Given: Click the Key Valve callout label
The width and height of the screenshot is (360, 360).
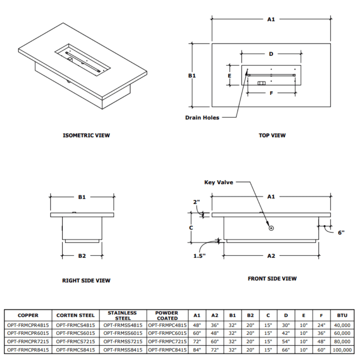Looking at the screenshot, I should point(219,182).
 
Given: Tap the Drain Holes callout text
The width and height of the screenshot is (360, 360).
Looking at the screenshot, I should point(202,117).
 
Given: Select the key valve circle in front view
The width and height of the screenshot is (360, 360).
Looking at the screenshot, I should point(271,228).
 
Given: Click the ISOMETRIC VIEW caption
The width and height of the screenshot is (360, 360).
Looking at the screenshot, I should point(86,135).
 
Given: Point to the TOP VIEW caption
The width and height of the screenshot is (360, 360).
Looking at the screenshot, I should point(272,135).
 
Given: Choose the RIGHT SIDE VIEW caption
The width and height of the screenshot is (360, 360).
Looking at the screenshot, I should point(86,280).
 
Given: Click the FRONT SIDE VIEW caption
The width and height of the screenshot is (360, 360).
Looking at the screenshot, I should point(272,278).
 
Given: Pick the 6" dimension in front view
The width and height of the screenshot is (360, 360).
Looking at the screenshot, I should point(341,232).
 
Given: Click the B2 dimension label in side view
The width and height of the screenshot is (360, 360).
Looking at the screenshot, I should point(82,256).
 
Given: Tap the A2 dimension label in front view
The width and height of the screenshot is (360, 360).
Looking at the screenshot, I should point(271,256).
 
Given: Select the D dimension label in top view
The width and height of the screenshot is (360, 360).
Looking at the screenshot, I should point(271,54).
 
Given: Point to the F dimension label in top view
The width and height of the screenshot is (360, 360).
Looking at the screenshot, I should point(271,93).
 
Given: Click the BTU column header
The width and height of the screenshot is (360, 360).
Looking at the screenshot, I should point(342,315).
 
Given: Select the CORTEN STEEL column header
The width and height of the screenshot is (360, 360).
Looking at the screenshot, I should point(76,315).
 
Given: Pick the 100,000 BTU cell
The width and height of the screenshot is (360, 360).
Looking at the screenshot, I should point(342,350).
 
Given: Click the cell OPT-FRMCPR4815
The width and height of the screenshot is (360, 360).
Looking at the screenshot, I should point(28,325).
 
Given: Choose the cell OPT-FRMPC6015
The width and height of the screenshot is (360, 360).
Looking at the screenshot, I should point(167,333).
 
